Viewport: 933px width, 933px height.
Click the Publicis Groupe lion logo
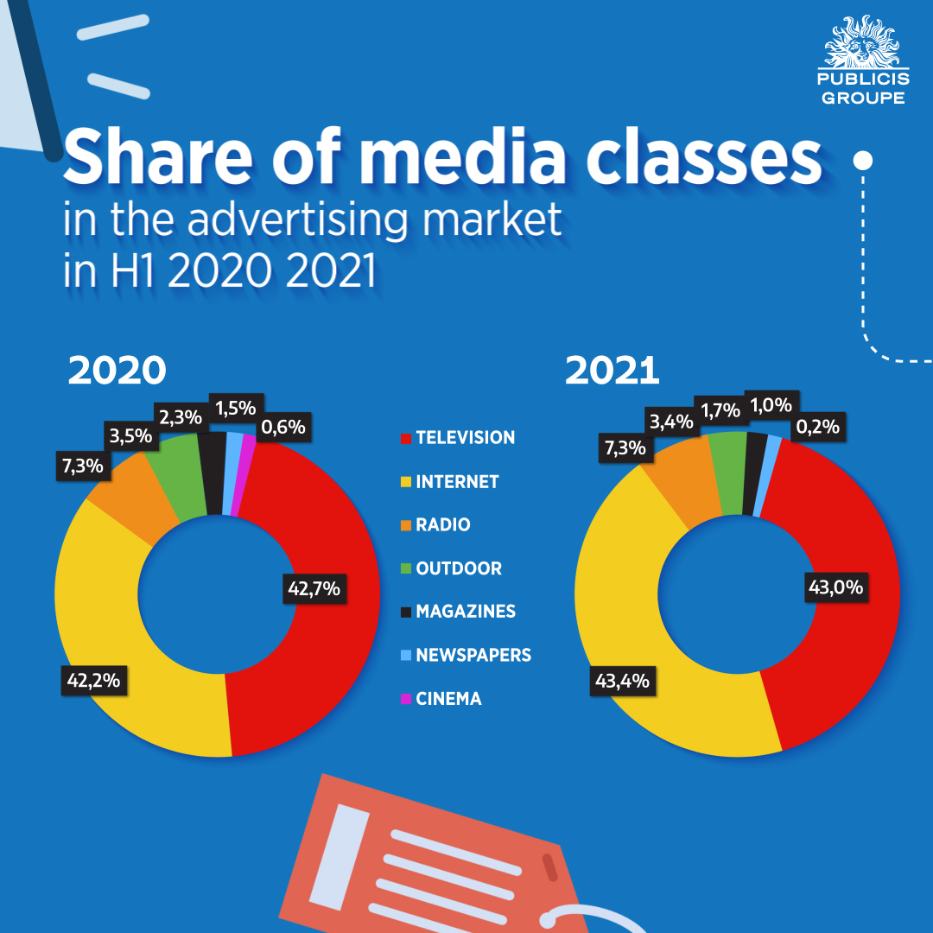tap(861, 43)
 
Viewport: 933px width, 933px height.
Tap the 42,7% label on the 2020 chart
tap(314, 590)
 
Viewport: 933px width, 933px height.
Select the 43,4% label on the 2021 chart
tap(621, 682)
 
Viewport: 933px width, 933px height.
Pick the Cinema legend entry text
tap(448, 699)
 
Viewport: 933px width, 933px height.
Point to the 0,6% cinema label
tap(284, 426)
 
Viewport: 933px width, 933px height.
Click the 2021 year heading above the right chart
tap(612, 371)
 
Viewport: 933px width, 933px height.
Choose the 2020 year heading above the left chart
tap(117, 371)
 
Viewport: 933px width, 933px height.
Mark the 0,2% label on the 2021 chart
tap(816, 426)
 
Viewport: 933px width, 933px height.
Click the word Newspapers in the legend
tap(473, 655)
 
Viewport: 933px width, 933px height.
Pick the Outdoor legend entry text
tap(459, 568)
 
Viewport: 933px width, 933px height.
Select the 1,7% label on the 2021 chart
tap(720, 409)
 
